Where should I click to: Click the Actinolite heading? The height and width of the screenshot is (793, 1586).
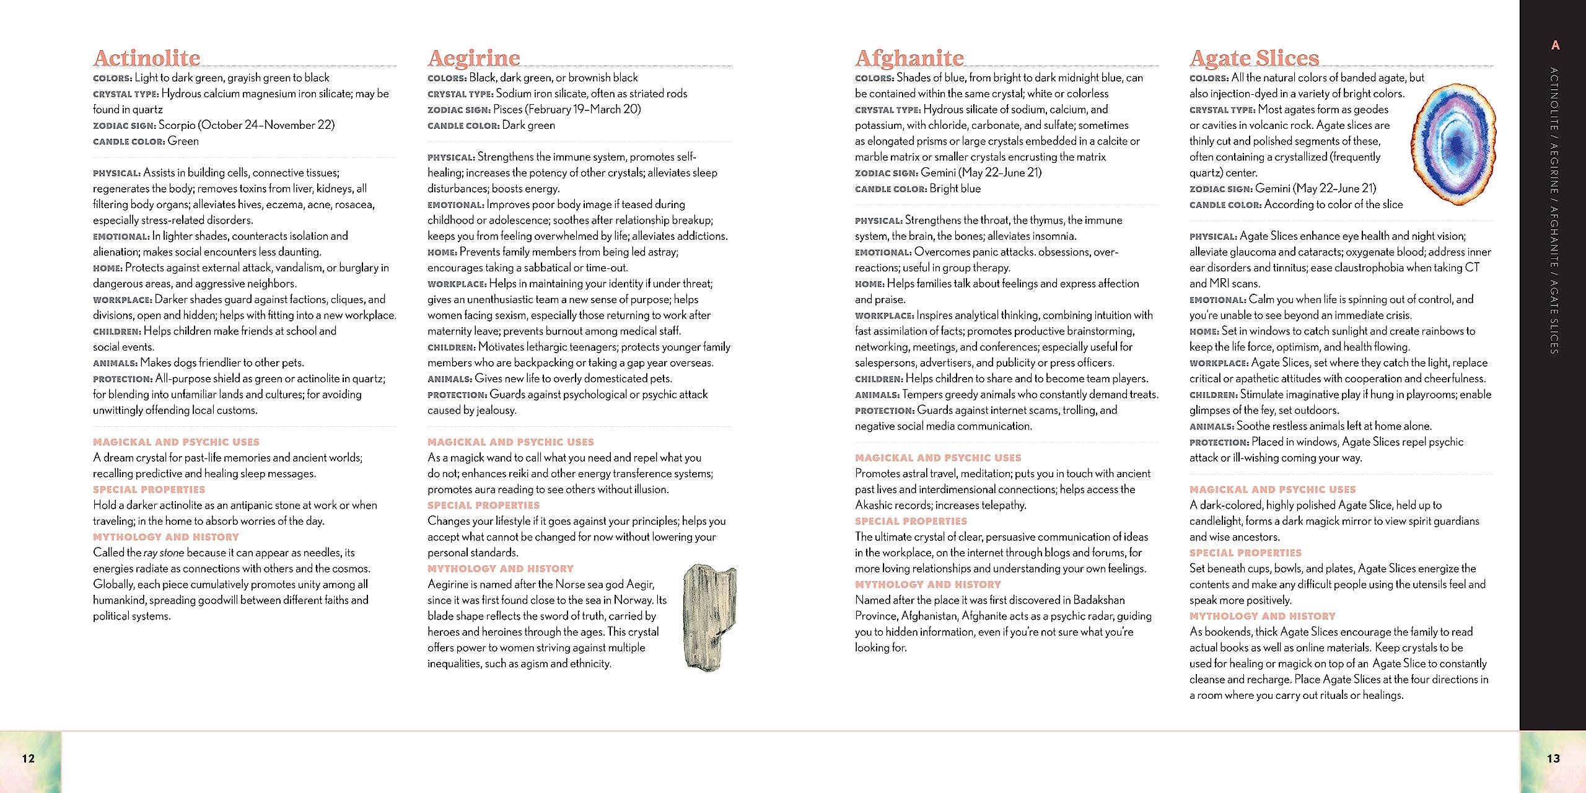coord(147,58)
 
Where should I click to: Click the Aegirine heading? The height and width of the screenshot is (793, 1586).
coord(474,58)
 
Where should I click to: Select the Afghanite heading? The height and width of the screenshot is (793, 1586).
coord(909,58)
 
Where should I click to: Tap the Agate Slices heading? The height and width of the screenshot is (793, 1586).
coord(1254,58)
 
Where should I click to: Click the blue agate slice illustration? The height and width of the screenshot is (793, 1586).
coord(1453,144)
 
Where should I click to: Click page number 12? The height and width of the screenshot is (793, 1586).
coord(28,758)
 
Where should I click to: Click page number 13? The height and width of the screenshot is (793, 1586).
coord(1553,758)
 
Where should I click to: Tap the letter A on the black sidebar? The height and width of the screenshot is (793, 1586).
coord(1555,45)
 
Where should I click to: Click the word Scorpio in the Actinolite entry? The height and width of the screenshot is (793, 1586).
coord(177,125)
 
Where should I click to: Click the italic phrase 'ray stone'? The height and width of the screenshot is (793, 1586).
coord(164,553)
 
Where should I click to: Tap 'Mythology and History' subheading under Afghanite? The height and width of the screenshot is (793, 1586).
coord(927,584)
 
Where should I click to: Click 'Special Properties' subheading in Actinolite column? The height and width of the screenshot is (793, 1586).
coord(149,489)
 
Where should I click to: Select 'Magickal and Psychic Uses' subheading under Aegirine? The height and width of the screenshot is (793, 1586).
coord(510,442)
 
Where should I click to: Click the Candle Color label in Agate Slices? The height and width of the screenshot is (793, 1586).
coord(1225,205)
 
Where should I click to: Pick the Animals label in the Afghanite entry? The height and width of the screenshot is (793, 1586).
coord(877,395)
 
